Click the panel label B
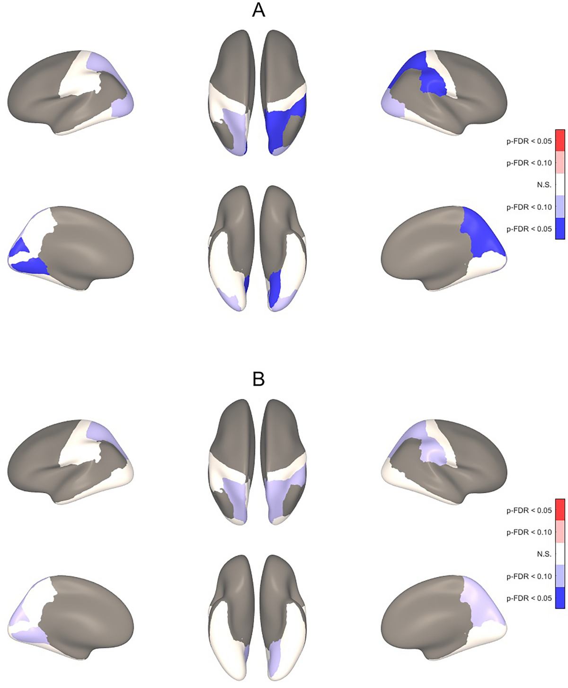click(258, 379)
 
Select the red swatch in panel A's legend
click(560, 140)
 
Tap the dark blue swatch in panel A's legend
click(560, 228)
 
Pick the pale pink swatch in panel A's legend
click(560, 163)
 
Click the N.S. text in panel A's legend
click(544, 185)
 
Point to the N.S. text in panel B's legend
click(544, 554)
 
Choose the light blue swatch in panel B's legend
click(560, 576)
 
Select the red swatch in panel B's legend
click(560, 510)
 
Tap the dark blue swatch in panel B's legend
click(560, 598)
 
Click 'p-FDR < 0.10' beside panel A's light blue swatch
click(529, 207)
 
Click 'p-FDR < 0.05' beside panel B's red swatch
click(529, 510)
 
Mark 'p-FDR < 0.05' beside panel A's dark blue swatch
click(529, 229)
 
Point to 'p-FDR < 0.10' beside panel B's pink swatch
click(529, 532)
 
